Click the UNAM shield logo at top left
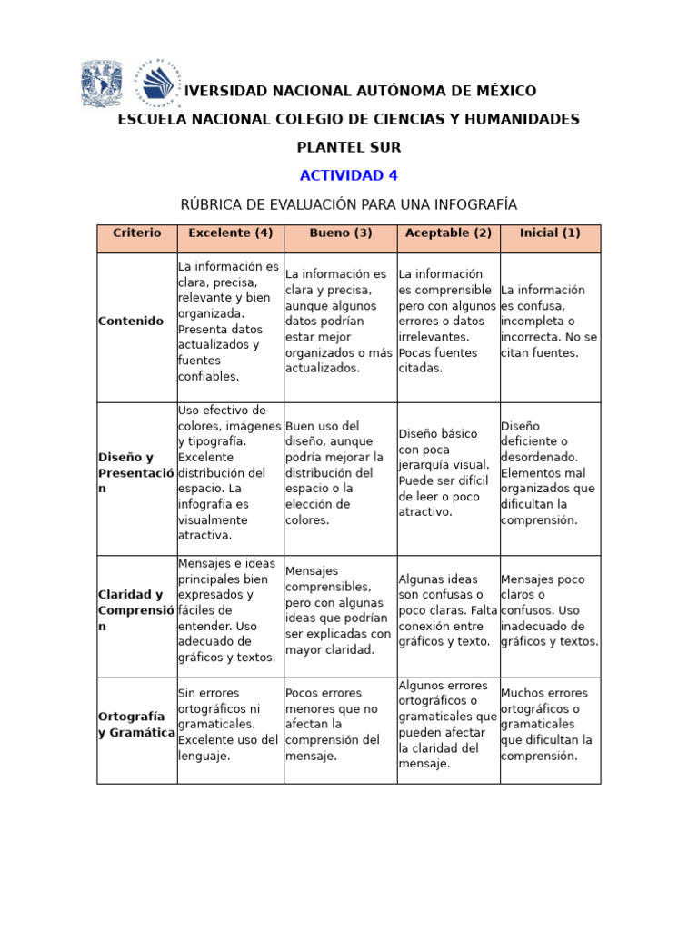point(101,84)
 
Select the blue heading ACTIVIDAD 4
point(348,175)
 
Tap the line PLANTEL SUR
point(348,147)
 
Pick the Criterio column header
point(137,233)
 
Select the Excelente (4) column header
point(230,233)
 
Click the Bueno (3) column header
point(340,233)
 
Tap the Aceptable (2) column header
point(448,233)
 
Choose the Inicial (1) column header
point(550,233)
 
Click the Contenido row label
point(131,322)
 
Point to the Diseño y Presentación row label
point(136,473)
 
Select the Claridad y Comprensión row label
point(136,610)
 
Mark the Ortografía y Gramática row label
point(136,725)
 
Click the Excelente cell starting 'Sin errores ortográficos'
point(229,725)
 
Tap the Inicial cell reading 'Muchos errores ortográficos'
point(549,725)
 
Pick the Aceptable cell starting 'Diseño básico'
point(447,473)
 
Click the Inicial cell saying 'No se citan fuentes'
point(549,322)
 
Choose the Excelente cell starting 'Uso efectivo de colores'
point(229,473)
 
